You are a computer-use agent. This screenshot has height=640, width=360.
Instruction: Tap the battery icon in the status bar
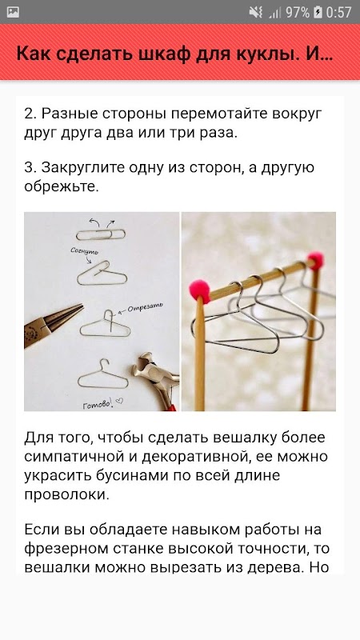pyautogui.click(x=318, y=12)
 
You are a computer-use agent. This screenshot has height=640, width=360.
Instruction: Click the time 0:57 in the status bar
pyautogui.click(x=338, y=12)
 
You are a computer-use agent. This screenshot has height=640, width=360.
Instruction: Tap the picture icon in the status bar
pyautogui.click(x=13, y=12)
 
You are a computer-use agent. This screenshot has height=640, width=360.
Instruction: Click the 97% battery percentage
pyautogui.click(x=298, y=12)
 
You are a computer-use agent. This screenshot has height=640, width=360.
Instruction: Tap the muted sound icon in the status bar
pyautogui.click(x=256, y=12)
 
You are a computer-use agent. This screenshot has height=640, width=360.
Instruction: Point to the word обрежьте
pyautogui.click(x=62, y=186)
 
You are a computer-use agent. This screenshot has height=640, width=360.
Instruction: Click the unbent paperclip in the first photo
pyautogui.click(x=101, y=234)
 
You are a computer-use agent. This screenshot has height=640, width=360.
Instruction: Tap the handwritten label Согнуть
pyautogui.click(x=85, y=252)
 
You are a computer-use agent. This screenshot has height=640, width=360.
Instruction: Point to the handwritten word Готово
pyautogui.click(x=98, y=404)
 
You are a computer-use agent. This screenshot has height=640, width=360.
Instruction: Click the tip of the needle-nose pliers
pyautogui.click(x=83, y=306)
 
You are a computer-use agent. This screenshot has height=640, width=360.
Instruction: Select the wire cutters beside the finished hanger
pyautogui.click(x=156, y=378)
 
